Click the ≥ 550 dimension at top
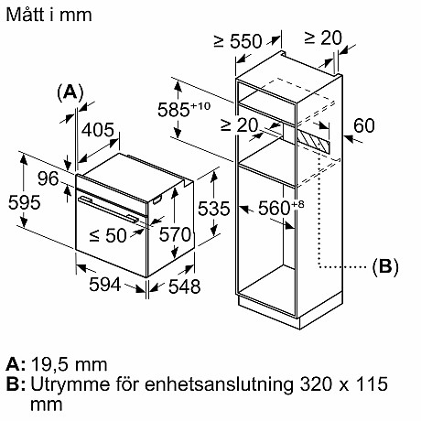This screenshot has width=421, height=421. [x=241, y=40]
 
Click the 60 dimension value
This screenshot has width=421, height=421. [x=363, y=126]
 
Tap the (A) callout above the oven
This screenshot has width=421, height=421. [x=70, y=92]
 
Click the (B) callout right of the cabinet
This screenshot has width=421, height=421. [x=385, y=267]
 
